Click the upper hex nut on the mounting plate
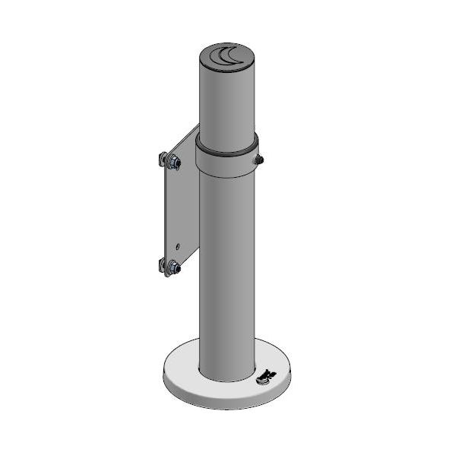(173, 161)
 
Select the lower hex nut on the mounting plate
(173, 267)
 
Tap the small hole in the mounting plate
(177, 246)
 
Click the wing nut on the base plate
(266, 374)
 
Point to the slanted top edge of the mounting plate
(186, 137)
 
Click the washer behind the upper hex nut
(163, 159)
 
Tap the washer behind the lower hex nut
(163, 265)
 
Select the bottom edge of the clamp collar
(226, 176)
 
